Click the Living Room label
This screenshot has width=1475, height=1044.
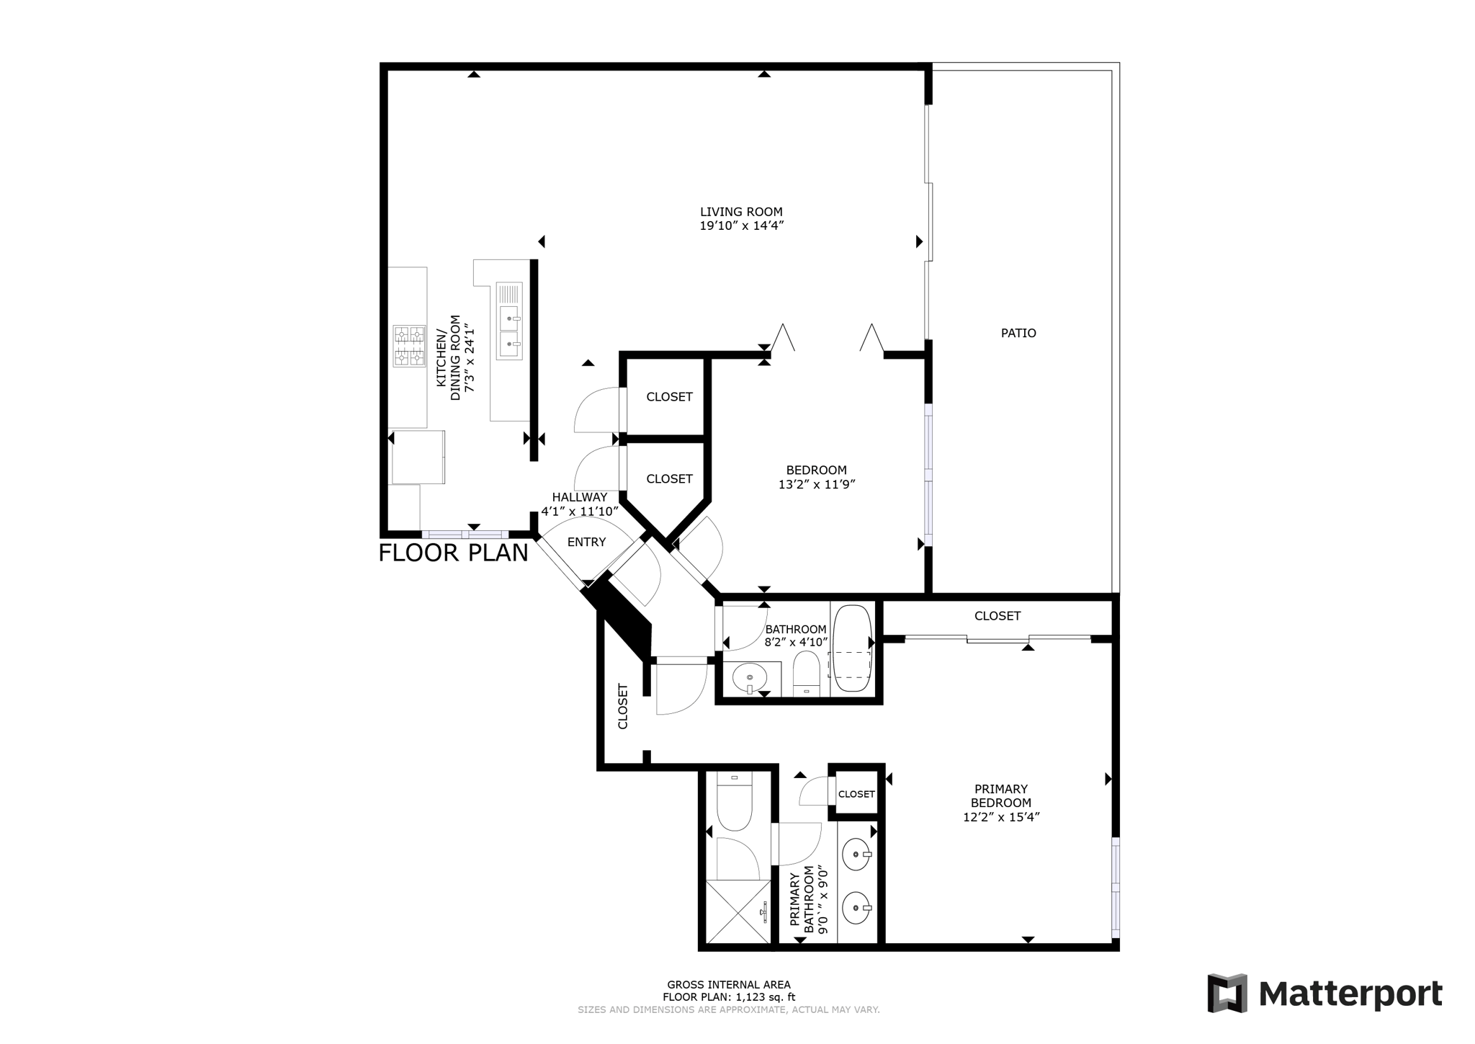[741, 212]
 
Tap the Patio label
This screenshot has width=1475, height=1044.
[1018, 333]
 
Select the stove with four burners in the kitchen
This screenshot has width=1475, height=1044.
[409, 346]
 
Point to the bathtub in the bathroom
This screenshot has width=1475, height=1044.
[852, 648]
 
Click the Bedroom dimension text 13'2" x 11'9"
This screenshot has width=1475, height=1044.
[817, 485]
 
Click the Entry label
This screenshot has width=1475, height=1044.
[586, 542]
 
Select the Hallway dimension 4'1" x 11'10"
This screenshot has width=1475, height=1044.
[580, 512]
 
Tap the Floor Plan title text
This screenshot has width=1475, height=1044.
[454, 553]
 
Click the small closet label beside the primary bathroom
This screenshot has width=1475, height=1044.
[856, 794]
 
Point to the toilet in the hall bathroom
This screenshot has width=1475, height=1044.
[806, 673]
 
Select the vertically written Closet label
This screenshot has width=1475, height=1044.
[623, 706]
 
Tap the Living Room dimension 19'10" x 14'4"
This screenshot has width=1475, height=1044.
[741, 226]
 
